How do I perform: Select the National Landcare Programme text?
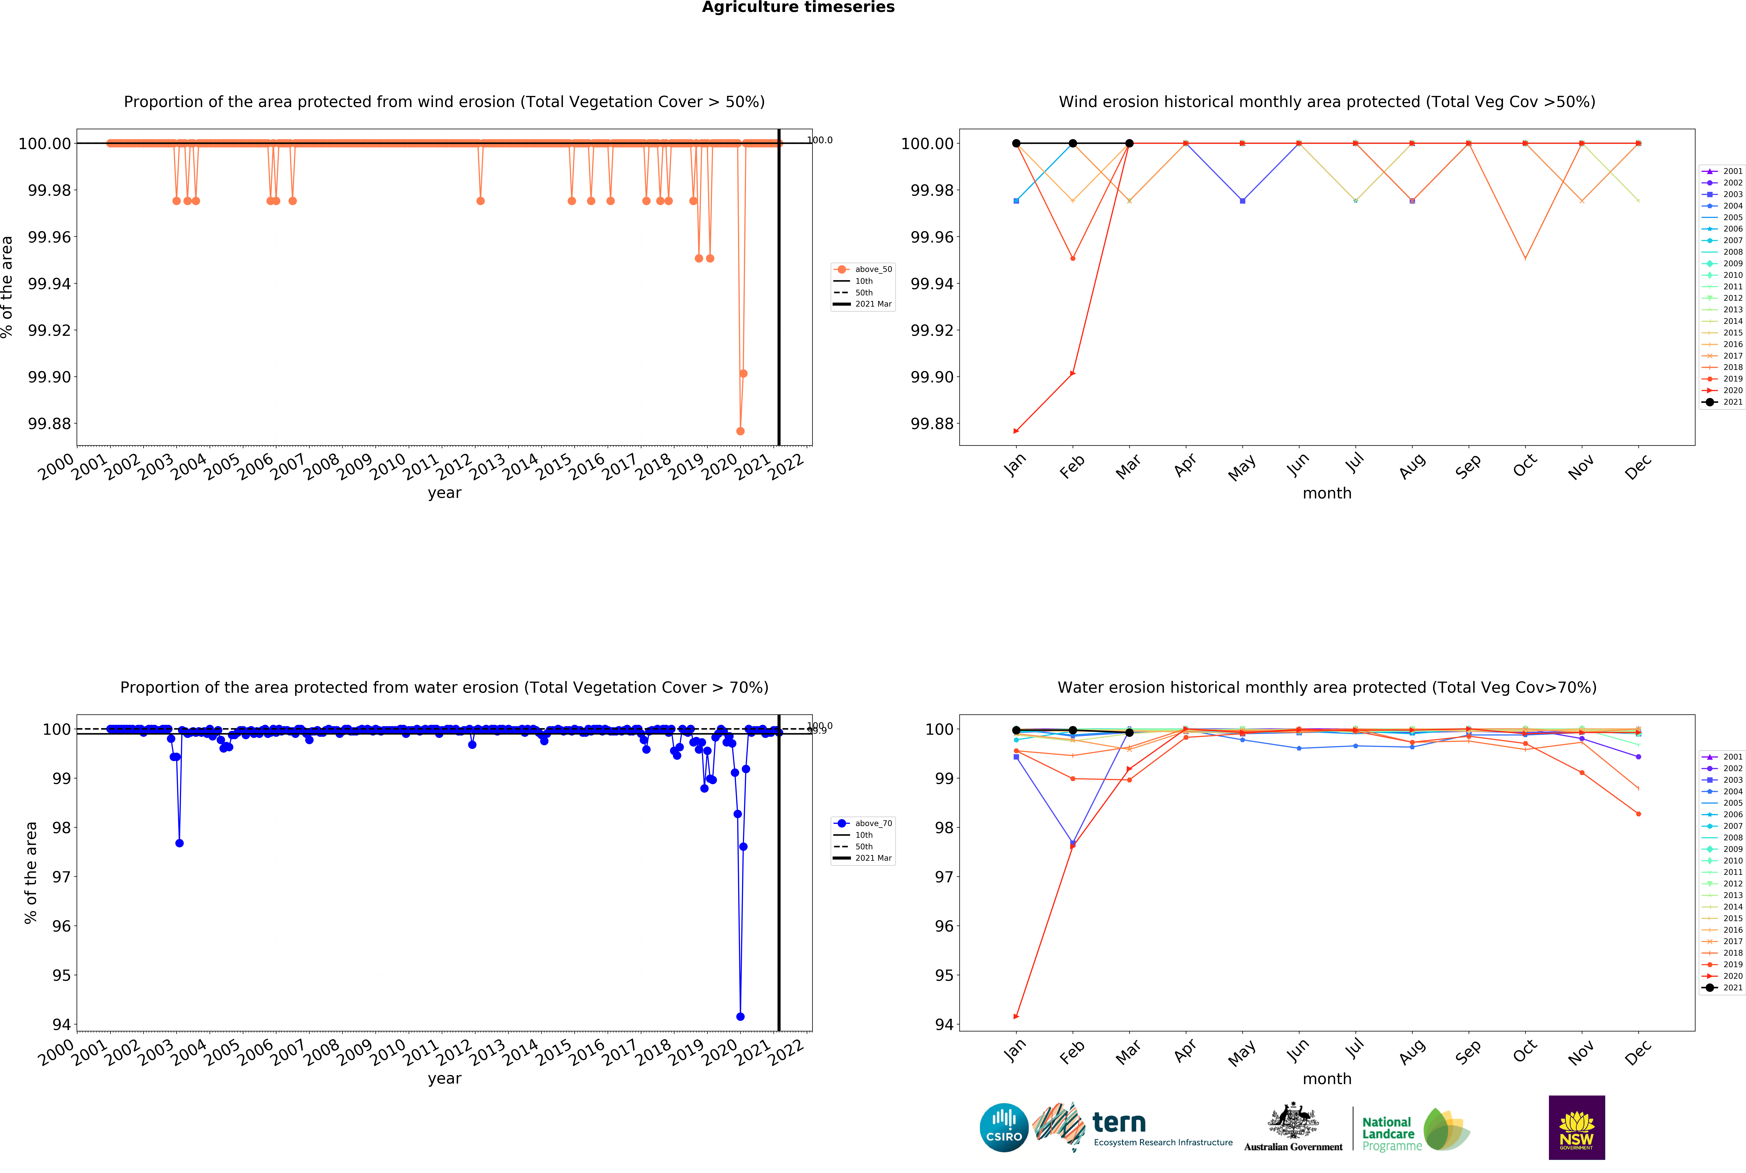pyautogui.click(x=1391, y=1133)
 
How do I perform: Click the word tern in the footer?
pyautogui.click(x=1119, y=1122)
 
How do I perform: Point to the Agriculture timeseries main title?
pyautogui.click(x=798, y=8)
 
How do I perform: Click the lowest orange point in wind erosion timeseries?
pyautogui.click(x=740, y=431)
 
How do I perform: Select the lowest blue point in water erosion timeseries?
pyautogui.click(x=740, y=1017)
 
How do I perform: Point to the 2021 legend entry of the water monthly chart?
pyautogui.click(x=1723, y=987)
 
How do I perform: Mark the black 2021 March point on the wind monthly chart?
pyautogui.click(x=1129, y=143)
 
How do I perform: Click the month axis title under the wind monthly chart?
pyautogui.click(x=1327, y=493)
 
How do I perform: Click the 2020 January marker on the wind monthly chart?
pyautogui.click(x=1016, y=431)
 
